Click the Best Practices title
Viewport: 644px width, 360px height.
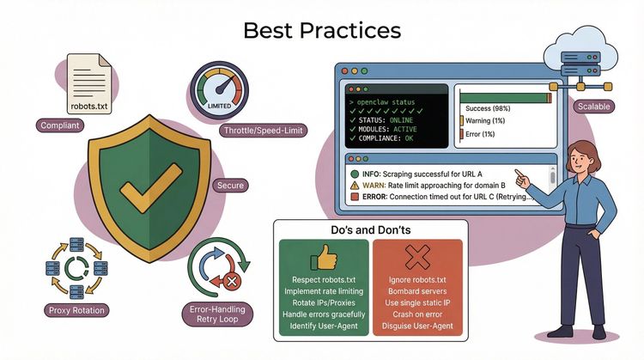[322, 30]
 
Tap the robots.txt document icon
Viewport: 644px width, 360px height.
[89, 85]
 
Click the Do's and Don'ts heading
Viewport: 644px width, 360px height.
[370, 231]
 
